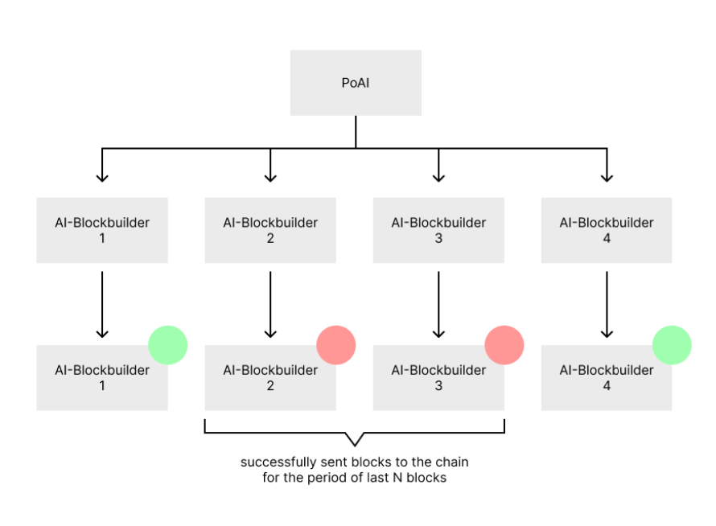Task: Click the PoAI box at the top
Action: pyautogui.click(x=356, y=83)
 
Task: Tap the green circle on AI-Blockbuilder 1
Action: pyautogui.click(x=167, y=345)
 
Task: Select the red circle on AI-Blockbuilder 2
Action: pyautogui.click(x=335, y=345)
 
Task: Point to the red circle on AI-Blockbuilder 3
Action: pyautogui.click(x=504, y=345)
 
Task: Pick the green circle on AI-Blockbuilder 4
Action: pyautogui.click(x=672, y=345)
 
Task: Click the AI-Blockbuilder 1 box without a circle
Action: pyautogui.click(x=102, y=230)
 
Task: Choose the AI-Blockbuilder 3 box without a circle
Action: pyautogui.click(x=438, y=230)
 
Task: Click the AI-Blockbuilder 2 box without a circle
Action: pyautogui.click(x=270, y=230)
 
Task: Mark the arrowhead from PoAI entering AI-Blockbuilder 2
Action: pyautogui.click(x=270, y=176)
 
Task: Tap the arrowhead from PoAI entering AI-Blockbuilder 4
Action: pyautogui.click(x=607, y=176)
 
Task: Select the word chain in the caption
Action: pyautogui.click(x=451, y=462)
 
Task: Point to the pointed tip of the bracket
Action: pyautogui.click(x=355, y=445)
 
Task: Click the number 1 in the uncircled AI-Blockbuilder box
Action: pyautogui.click(x=102, y=238)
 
